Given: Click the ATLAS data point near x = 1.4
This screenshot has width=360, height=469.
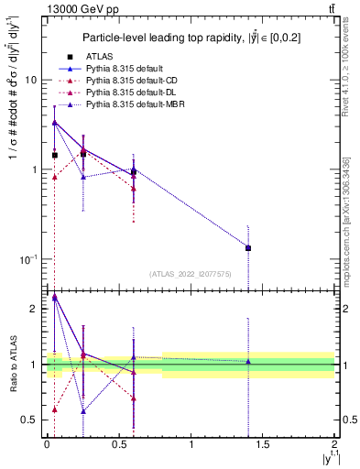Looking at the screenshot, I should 248,247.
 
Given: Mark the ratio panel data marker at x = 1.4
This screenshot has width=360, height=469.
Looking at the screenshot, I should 248,362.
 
